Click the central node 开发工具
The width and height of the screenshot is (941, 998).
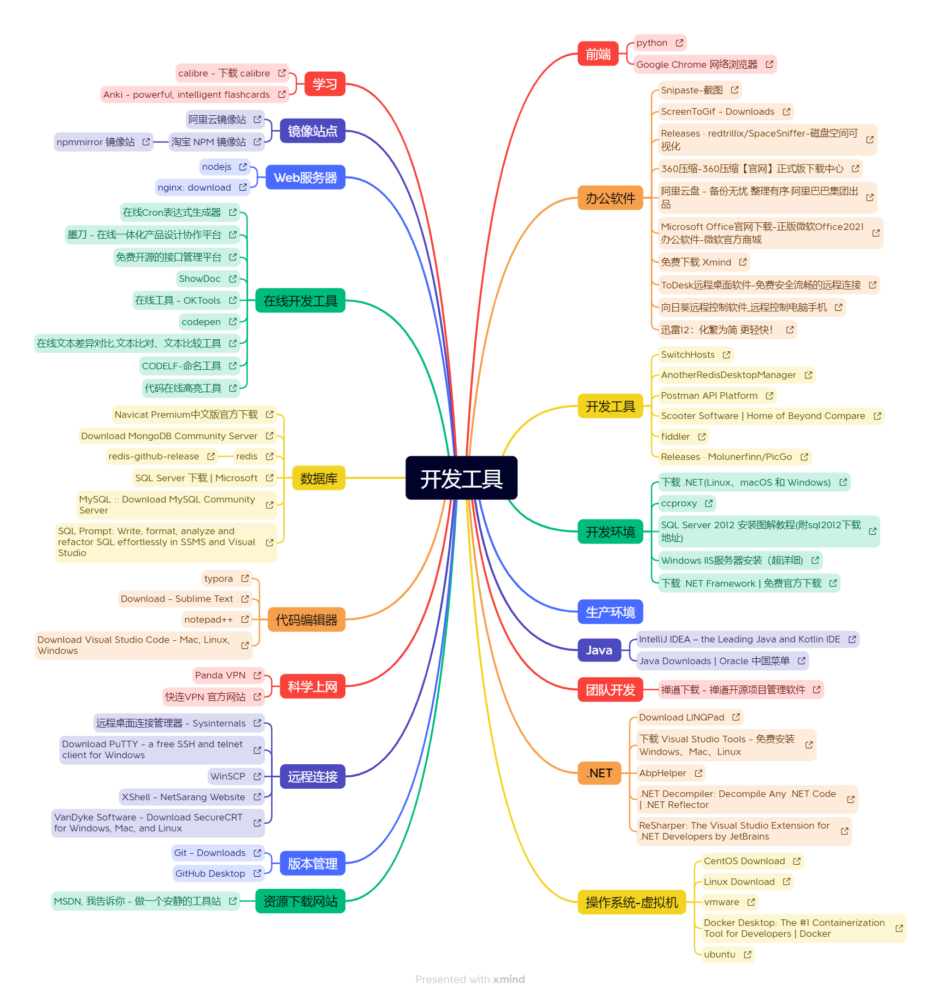click(x=461, y=479)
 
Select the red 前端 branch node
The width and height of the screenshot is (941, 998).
click(x=598, y=54)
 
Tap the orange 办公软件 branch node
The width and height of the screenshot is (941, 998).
click(x=610, y=198)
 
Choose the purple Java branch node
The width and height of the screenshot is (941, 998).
click(x=599, y=650)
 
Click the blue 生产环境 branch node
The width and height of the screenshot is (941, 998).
click(x=610, y=612)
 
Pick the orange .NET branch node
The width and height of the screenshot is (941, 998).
click(x=599, y=773)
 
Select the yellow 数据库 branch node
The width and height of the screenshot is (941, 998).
click(x=319, y=479)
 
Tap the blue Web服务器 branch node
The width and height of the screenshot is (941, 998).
click(x=305, y=178)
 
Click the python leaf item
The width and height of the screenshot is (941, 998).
click(x=652, y=43)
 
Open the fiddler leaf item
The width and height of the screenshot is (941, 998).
click(x=675, y=436)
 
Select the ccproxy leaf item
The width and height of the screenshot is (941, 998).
click(x=679, y=503)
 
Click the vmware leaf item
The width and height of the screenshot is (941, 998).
click(x=721, y=902)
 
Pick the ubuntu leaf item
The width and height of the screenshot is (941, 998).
click(x=720, y=954)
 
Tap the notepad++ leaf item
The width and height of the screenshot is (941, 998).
click(x=208, y=619)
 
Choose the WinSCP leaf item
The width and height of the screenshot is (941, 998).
click(x=228, y=776)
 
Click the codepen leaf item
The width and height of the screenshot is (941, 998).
click(x=201, y=322)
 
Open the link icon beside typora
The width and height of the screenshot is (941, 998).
click(x=245, y=578)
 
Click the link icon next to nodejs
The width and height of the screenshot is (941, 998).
click(x=243, y=167)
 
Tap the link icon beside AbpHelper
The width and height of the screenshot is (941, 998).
click(x=698, y=773)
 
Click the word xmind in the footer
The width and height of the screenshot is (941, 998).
click(x=509, y=979)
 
